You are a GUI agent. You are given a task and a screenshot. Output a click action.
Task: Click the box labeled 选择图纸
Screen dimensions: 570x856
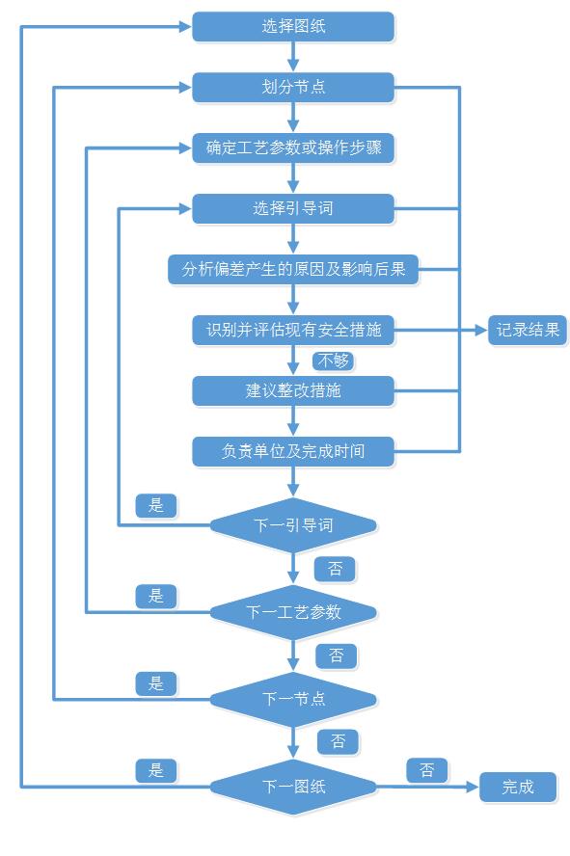click(x=293, y=26)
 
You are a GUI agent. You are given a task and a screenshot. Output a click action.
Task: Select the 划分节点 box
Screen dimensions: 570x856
click(x=293, y=87)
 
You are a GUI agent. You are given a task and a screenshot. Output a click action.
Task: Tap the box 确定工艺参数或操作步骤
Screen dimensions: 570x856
click(x=293, y=147)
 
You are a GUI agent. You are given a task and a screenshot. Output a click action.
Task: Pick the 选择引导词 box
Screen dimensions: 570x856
click(x=293, y=208)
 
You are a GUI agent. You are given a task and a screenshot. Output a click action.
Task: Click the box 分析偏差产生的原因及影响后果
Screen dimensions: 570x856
click(x=293, y=269)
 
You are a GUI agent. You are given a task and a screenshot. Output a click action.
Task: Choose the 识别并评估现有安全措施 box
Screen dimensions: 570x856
click(x=293, y=330)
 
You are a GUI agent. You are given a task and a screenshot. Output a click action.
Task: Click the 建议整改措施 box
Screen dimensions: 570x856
click(x=293, y=390)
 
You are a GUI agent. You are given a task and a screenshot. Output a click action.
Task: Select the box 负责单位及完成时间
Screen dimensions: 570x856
click(x=293, y=451)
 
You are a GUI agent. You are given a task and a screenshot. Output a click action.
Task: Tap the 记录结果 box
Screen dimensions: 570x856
click(x=528, y=330)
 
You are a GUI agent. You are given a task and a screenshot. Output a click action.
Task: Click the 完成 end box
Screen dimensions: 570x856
click(x=518, y=787)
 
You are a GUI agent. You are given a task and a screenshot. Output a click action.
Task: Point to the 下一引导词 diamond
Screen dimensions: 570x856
click(x=293, y=525)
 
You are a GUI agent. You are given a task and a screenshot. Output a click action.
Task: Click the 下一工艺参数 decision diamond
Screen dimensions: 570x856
click(x=293, y=612)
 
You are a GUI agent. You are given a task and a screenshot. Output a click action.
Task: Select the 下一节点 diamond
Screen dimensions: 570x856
click(x=293, y=699)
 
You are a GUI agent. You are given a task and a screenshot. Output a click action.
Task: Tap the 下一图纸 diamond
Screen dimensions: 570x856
click(x=293, y=787)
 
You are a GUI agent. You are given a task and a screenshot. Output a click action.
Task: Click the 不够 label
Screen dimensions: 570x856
click(x=333, y=361)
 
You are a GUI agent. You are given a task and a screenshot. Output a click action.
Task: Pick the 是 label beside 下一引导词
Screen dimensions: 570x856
click(x=156, y=505)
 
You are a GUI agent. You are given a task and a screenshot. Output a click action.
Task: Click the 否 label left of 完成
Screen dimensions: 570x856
click(x=427, y=770)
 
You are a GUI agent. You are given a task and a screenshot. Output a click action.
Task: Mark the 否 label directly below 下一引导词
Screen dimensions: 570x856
click(x=336, y=569)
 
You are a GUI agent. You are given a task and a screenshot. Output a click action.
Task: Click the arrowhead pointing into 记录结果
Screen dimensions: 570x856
click(x=481, y=330)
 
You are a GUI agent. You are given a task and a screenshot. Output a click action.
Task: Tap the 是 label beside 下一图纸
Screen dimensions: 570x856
click(x=156, y=770)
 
